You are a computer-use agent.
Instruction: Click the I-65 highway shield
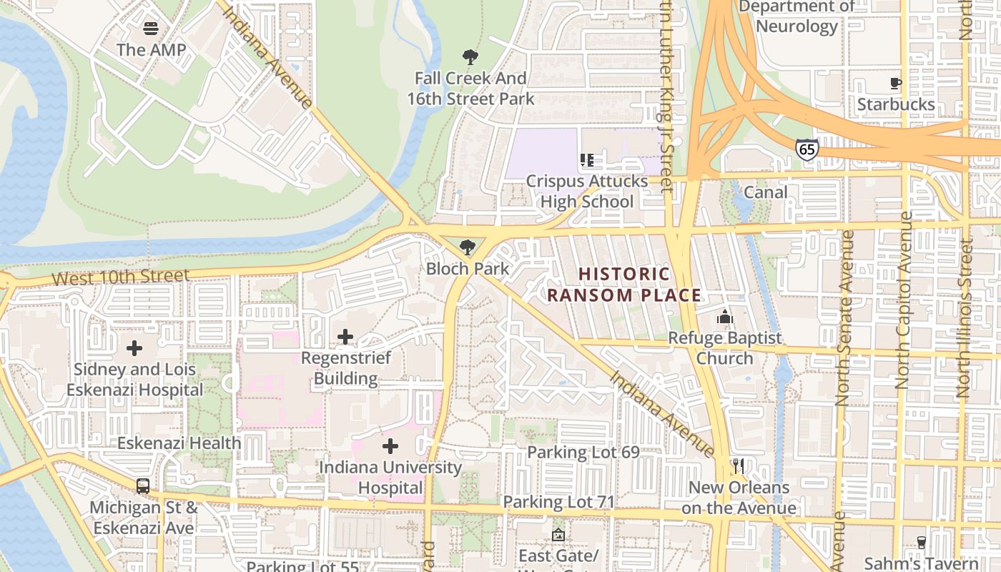806,149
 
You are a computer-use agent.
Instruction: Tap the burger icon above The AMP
151,29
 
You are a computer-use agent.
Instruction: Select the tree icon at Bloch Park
468,248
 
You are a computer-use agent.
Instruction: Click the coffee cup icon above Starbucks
896,84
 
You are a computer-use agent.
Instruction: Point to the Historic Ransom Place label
624,285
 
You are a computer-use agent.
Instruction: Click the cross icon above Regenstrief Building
345,336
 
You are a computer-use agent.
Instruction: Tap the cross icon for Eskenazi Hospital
134,348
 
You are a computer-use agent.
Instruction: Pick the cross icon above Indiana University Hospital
390,447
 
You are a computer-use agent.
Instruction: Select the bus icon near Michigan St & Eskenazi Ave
143,486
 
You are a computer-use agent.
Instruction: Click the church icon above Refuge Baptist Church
725,317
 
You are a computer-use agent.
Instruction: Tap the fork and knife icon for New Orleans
739,466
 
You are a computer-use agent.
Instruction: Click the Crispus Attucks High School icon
587,160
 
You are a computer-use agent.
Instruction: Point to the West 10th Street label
121,277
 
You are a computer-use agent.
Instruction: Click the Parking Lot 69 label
583,453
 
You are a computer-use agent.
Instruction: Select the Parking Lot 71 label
559,502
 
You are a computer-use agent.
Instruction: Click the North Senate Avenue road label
844,318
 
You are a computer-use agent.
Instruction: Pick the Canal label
766,192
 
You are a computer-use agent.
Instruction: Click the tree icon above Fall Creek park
470,57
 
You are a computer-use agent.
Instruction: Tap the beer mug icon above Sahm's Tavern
921,542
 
